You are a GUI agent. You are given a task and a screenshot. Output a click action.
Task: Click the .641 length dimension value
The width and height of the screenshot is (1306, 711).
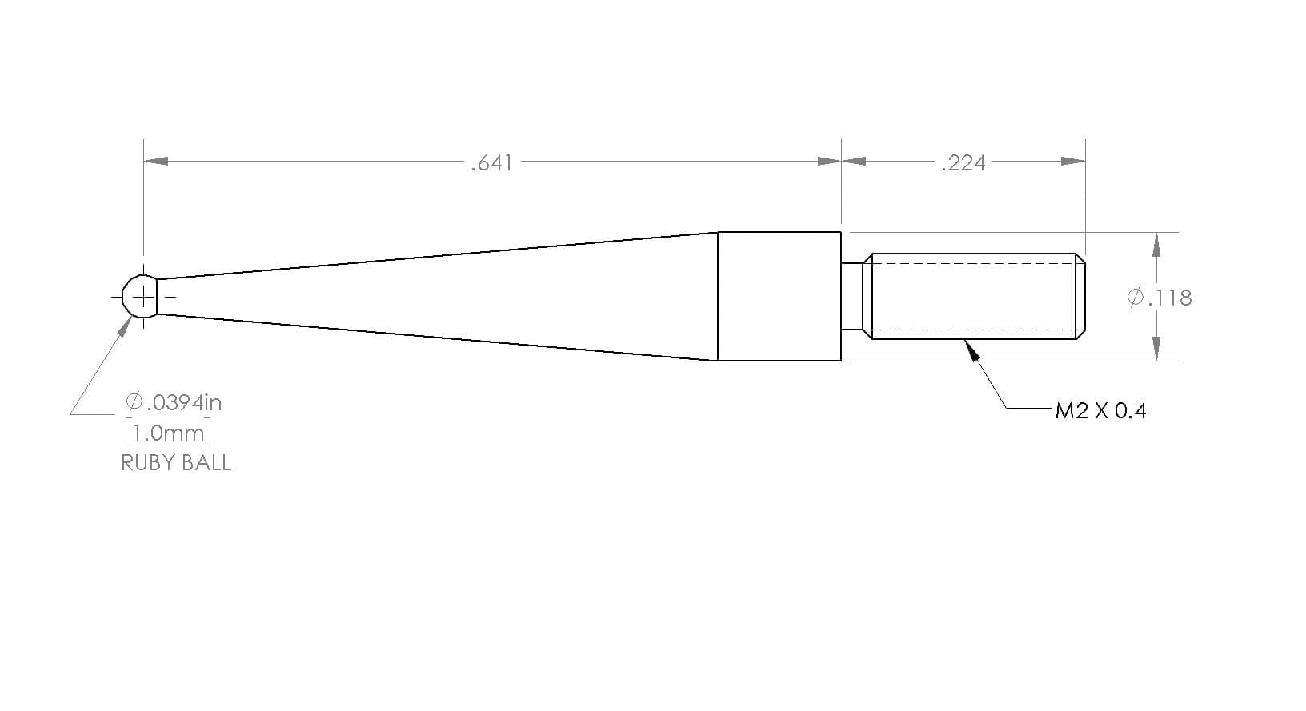[x=491, y=163]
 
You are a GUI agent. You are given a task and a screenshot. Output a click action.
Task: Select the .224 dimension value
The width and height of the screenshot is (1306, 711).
[x=963, y=163]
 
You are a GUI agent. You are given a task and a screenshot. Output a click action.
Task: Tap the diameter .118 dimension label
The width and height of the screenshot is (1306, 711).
[x=1160, y=298]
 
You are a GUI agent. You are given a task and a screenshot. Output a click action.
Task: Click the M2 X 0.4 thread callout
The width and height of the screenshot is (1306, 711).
[x=1101, y=411]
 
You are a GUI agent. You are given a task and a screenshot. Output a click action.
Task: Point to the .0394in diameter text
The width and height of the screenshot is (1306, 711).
[x=174, y=402]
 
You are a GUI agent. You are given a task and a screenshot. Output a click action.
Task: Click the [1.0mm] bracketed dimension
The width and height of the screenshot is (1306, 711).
[x=168, y=433]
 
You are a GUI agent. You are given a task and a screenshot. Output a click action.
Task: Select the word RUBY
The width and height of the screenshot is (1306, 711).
[x=146, y=463]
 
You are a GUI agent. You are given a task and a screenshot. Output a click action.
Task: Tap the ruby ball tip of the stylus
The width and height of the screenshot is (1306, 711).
[x=139, y=297]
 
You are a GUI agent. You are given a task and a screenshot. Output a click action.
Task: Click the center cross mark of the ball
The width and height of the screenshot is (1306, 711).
[x=143, y=298]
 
